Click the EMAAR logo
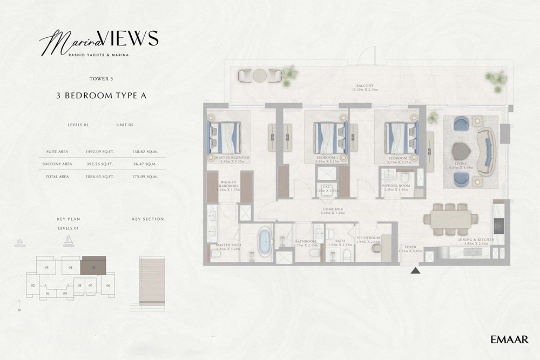(x=509, y=339)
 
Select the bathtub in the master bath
(x=264, y=241)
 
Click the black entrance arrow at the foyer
(x=415, y=270)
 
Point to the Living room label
(x=461, y=163)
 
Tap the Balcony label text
(x=365, y=85)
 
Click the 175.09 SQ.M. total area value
(x=145, y=176)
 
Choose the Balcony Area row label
(x=57, y=164)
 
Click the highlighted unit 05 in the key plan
(x=93, y=266)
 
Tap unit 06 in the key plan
(x=108, y=285)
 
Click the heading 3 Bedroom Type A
(x=102, y=96)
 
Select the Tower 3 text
(x=102, y=79)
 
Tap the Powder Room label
(x=396, y=186)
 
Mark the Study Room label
(x=369, y=237)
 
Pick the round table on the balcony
(x=260, y=76)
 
